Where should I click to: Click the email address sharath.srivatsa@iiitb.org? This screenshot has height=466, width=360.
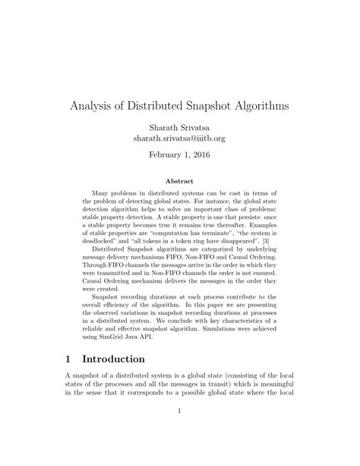[x=179, y=139]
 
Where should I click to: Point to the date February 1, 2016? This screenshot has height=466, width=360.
[x=179, y=154]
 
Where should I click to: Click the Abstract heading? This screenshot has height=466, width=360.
[x=179, y=182]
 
